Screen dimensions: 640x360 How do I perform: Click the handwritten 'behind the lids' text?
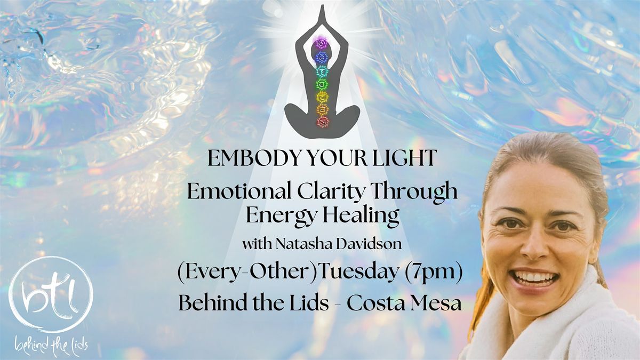[51, 346]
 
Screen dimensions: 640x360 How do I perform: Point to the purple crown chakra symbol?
[322, 43]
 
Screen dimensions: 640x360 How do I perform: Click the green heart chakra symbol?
[322, 84]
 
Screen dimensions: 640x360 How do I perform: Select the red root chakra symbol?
[323, 122]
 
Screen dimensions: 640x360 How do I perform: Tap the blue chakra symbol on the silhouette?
[322, 57]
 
